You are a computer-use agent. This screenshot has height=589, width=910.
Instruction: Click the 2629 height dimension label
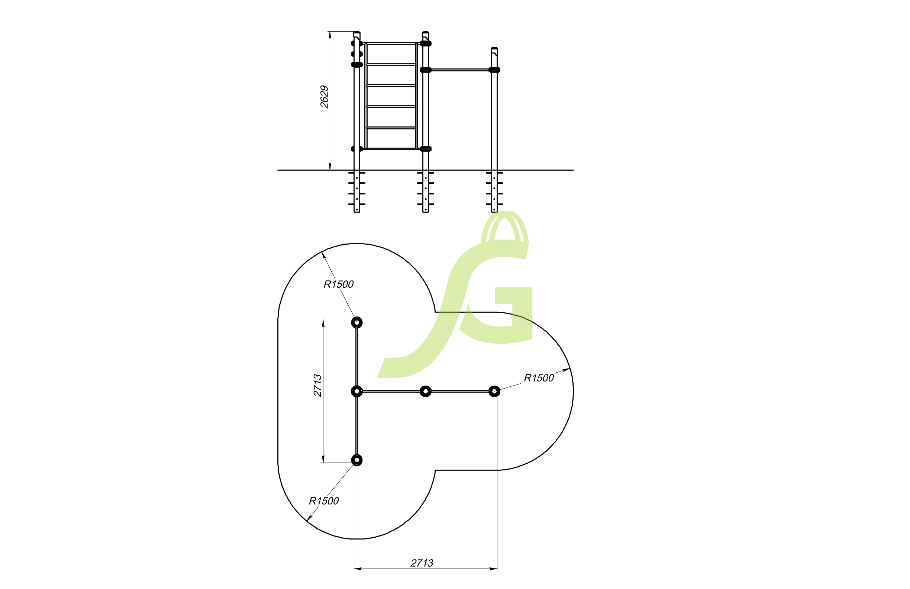(x=324, y=97)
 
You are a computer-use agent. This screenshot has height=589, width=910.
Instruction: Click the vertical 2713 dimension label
(x=317, y=386)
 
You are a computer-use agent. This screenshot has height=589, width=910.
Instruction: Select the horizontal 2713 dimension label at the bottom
(x=422, y=563)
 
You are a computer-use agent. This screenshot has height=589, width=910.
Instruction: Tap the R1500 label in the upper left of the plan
(x=338, y=284)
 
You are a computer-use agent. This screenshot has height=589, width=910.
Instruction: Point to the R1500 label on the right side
(x=539, y=378)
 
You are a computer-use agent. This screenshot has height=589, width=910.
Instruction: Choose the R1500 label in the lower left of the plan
(x=324, y=501)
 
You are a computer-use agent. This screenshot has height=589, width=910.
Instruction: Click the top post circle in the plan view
(x=357, y=323)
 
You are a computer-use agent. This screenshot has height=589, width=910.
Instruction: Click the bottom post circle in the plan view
(x=357, y=460)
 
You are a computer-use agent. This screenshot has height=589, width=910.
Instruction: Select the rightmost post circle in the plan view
(x=494, y=391)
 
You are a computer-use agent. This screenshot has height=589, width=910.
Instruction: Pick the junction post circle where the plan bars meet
(x=357, y=391)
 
